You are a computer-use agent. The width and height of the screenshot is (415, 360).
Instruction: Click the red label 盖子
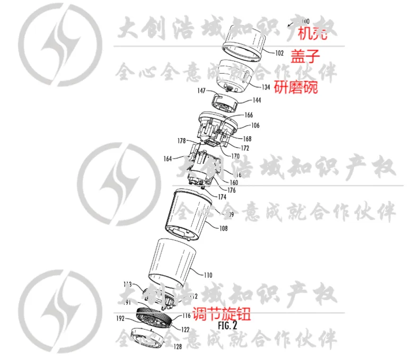[306, 55]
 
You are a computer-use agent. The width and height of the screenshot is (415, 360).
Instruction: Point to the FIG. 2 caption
[227, 326]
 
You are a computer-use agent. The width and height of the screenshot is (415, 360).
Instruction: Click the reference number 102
[280, 53]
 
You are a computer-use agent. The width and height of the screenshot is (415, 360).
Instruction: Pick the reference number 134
[266, 87]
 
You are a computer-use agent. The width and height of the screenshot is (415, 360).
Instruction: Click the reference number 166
[248, 115]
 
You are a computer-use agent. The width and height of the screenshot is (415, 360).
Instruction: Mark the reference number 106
[255, 126]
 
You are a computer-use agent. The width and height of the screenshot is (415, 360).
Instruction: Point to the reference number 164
[168, 157]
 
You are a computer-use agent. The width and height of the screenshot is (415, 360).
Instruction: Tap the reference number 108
[223, 229]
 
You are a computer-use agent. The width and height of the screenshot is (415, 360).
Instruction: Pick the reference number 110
[208, 275]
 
